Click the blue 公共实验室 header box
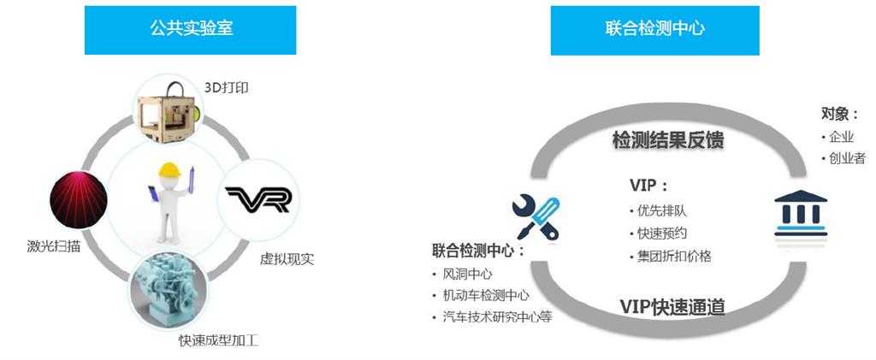tap(190, 29)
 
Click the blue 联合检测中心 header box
tap(654, 29)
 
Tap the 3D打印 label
tap(227, 87)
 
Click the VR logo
tap(257, 199)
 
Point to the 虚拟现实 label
tap(287, 257)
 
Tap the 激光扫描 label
tap(54, 248)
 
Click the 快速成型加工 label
tap(218, 340)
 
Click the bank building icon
tap(801, 213)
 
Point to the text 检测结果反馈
tap(668, 140)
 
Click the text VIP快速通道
tap(672, 306)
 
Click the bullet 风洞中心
tap(467, 274)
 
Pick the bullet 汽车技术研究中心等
tap(497, 317)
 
